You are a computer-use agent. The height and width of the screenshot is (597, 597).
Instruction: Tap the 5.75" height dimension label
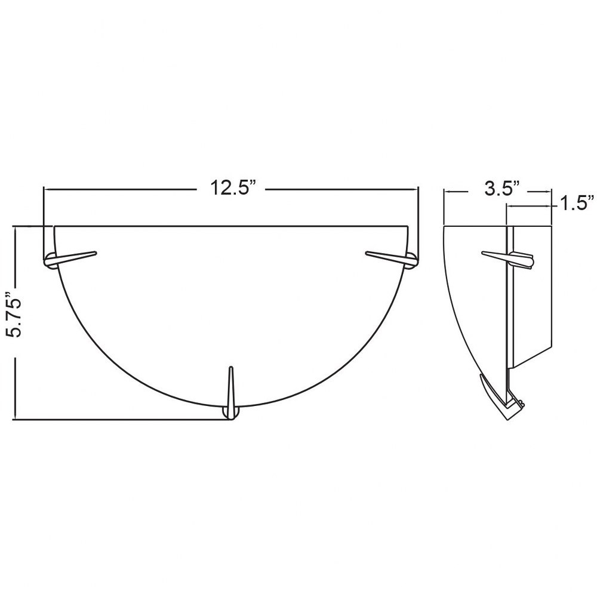(13, 314)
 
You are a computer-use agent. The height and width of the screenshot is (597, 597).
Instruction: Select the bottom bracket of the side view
(502, 398)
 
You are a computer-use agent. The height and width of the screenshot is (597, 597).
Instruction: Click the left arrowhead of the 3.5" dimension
(448, 192)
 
